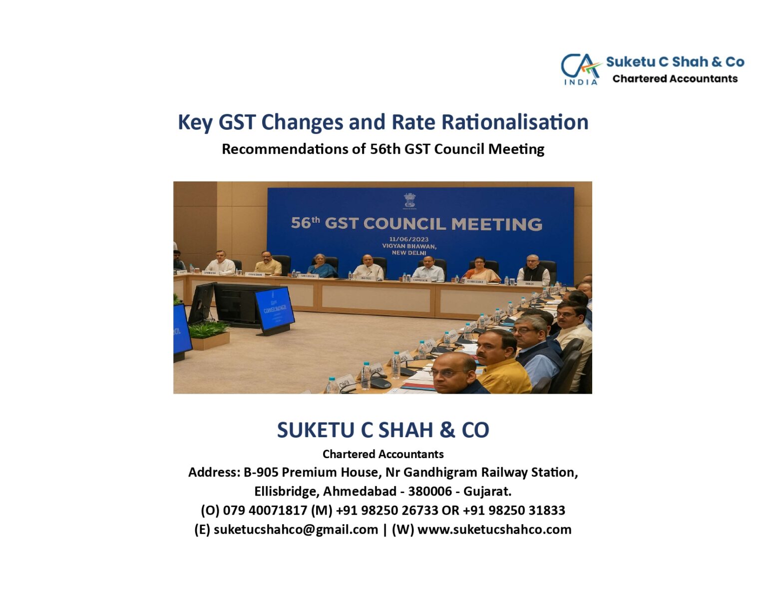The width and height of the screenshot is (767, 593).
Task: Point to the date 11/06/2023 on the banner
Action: [409, 239]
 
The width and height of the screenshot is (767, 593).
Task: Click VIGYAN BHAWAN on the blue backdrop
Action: [409, 246]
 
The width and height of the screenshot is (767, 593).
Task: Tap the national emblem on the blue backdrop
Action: [409, 200]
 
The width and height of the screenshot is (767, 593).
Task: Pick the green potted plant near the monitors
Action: [209, 331]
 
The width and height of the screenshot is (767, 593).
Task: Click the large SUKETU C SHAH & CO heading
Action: [383, 430]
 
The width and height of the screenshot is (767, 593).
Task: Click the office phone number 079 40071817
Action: [265, 511]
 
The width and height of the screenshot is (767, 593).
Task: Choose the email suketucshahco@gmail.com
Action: [296, 530]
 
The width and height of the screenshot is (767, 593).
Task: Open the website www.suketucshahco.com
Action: [494, 530]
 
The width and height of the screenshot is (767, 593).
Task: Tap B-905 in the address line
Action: [261, 473]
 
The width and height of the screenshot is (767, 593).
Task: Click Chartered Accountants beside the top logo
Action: [675, 79]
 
